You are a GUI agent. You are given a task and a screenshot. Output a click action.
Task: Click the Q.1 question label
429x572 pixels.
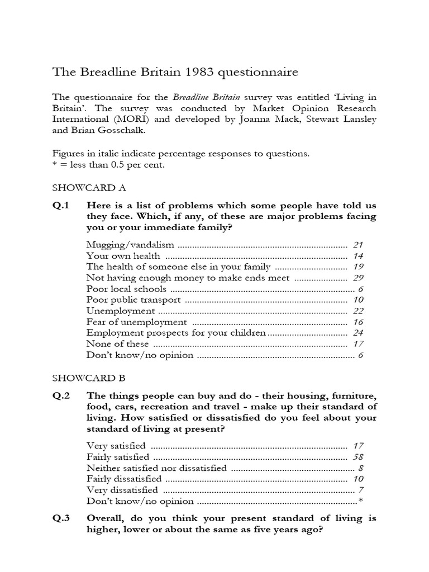pos(61,206)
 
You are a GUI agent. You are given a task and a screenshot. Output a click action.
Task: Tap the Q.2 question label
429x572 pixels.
pos(61,395)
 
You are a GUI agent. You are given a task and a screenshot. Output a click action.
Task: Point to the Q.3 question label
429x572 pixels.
pos(61,518)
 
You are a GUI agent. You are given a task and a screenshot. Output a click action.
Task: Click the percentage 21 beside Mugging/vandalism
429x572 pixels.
pos(359,245)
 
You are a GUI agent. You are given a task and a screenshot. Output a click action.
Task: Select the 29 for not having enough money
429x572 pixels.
pos(359,278)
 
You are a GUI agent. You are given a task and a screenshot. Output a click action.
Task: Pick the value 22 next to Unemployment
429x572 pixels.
pos(359,311)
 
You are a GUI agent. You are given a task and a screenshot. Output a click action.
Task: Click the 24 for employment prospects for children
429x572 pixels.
pos(359,333)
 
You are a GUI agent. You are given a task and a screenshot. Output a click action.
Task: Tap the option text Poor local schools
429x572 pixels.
pos(126,289)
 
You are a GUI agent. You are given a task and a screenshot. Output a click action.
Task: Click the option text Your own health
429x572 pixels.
pos(123,256)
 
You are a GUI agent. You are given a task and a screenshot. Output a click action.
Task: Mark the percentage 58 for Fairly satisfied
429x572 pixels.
pos(359,456)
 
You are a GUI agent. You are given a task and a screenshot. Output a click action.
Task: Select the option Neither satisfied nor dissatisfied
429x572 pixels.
pos(157,468)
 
